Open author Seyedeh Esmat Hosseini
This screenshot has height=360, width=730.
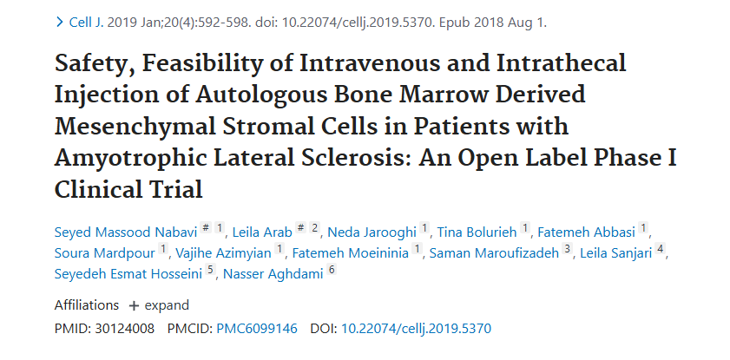tap(128, 274)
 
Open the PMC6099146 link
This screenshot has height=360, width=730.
tap(256, 329)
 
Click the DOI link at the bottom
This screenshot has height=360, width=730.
tap(416, 329)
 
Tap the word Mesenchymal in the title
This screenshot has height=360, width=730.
tap(134, 126)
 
